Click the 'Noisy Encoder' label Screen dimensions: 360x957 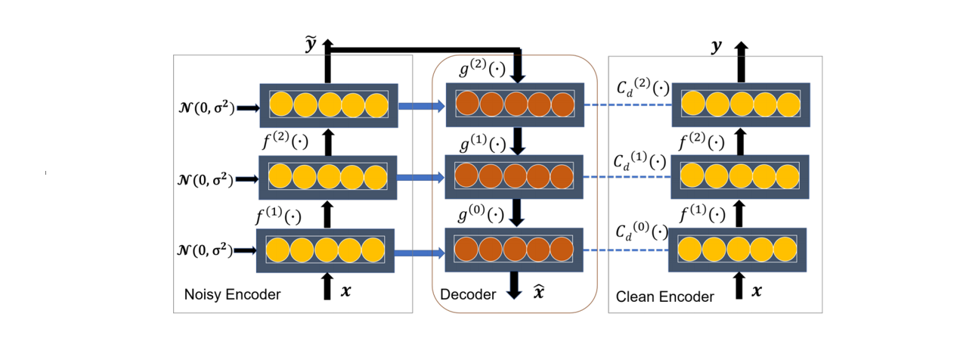tap(232, 295)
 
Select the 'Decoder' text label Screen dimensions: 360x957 tap(468, 295)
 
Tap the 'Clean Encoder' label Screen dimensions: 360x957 tap(665, 296)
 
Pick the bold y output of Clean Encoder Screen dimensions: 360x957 tap(716, 47)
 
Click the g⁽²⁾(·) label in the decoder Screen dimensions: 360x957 tap(482, 69)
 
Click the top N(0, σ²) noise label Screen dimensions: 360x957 tap(203, 109)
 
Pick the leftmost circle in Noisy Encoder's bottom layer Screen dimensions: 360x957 tap(277, 250)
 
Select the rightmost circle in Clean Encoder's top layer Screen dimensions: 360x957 tap(788, 104)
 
